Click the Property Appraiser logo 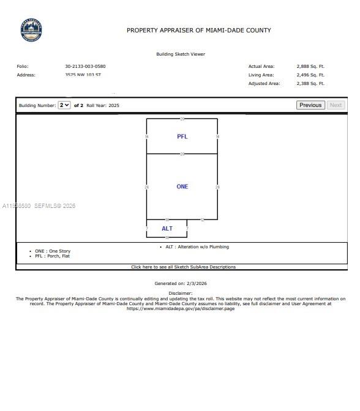(x=31, y=30)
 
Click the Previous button (x=310, y=105)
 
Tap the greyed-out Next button (x=336, y=105)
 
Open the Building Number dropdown (x=64, y=105)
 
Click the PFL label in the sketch (x=182, y=136)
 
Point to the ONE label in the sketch (x=182, y=187)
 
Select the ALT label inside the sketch (x=167, y=229)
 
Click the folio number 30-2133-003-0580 (x=85, y=66)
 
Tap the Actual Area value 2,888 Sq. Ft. (x=310, y=66)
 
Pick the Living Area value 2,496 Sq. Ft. (x=310, y=75)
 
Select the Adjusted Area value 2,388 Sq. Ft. (x=310, y=83)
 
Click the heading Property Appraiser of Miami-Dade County (x=199, y=30)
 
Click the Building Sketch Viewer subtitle (x=181, y=54)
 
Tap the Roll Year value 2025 (x=114, y=106)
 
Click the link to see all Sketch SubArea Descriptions (x=183, y=267)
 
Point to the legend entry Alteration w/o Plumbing (x=197, y=246)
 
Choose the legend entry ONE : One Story (x=53, y=251)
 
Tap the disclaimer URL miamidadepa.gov (x=181, y=308)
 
